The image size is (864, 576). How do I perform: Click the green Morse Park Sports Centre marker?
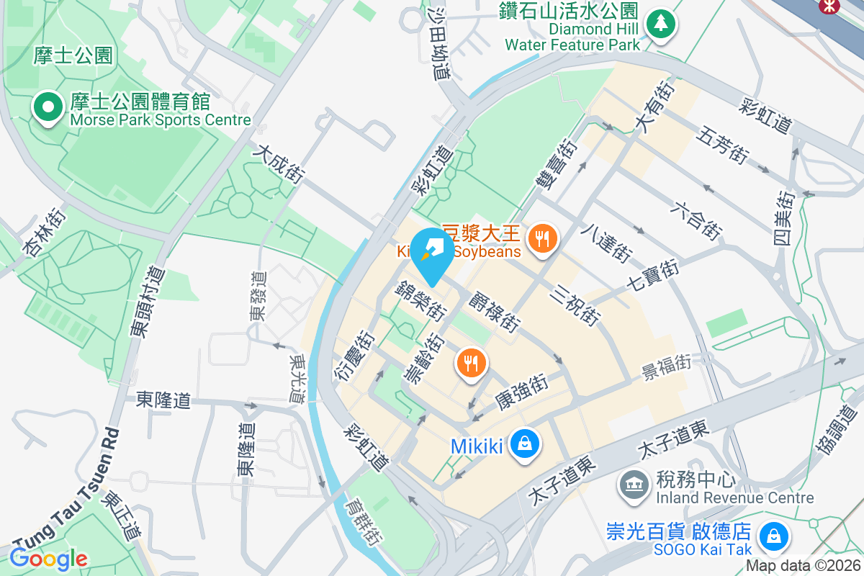click(48, 109)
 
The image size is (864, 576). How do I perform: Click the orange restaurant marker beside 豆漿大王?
click(541, 238)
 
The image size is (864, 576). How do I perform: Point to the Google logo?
click(48, 558)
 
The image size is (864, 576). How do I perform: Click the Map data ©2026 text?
click(804, 566)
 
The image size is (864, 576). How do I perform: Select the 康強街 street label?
click(522, 392)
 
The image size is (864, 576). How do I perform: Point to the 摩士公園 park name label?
click(73, 55)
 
